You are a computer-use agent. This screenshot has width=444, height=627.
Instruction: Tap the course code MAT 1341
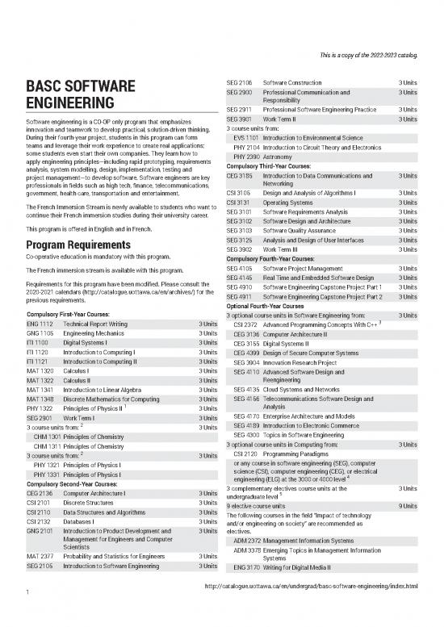click(41, 390)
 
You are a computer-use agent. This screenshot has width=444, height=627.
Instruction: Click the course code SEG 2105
click(41, 566)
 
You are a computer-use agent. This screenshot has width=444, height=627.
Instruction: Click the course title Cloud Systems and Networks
click(300, 388)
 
